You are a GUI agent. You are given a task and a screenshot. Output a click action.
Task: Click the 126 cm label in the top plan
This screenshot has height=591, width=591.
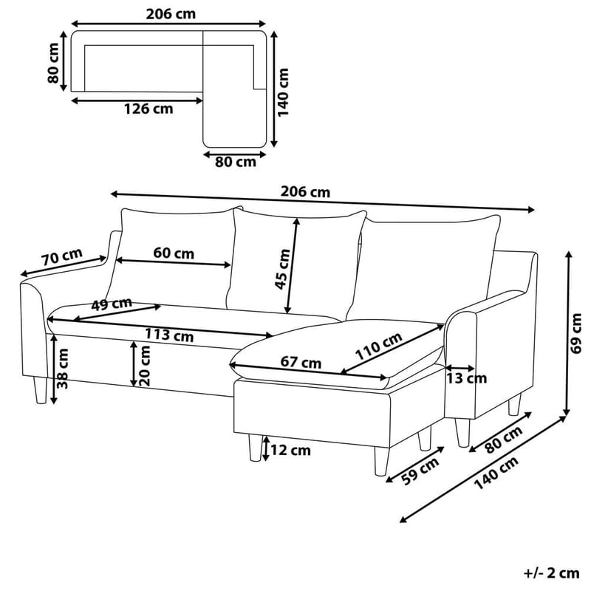pos(148,109)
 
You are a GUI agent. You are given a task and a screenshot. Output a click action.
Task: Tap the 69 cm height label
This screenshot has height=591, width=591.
pos(577,333)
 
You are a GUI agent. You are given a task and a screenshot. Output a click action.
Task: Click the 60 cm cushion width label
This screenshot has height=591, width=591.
pos(174,253)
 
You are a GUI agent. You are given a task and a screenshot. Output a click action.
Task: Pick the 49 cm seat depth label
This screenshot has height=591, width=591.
pos(112,304)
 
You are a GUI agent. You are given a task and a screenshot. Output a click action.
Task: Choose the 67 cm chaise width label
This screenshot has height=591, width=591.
pos(301,363)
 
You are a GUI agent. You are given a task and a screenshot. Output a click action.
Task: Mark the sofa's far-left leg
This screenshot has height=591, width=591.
pos(39,389)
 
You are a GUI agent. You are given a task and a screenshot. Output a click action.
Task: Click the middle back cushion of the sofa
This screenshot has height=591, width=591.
pos(295,259)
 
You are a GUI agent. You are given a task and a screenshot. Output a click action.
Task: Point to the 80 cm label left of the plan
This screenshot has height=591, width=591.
pos(53,65)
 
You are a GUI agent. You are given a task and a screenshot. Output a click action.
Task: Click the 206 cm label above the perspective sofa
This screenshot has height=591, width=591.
pos(305,192)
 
